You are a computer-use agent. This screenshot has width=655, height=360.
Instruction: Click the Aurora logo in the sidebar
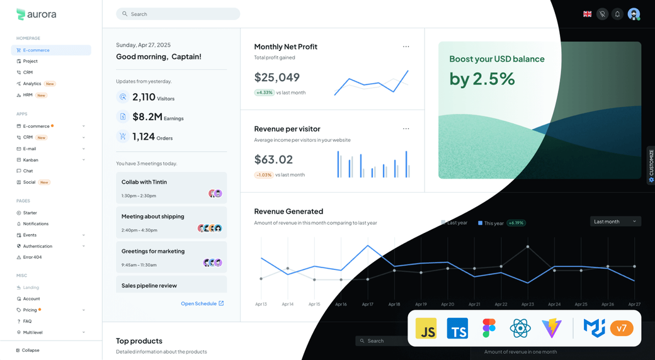click(36, 14)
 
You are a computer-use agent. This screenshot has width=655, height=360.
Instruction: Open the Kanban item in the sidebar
click(31, 160)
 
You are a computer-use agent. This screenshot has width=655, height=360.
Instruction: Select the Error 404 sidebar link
click(32, 257)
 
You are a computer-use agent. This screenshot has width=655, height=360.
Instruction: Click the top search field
click(178, 14)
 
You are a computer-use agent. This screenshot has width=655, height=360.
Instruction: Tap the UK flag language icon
click(587, 14)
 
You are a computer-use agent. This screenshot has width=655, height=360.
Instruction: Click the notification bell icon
click(617, 14)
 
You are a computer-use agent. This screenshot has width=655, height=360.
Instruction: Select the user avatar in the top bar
click(634, 14)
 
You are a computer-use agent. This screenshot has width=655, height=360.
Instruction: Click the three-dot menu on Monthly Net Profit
click(406, 47)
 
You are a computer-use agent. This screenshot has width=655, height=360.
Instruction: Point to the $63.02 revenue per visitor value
click(273, 159)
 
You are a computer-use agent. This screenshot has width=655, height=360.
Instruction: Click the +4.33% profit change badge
click(264, 93)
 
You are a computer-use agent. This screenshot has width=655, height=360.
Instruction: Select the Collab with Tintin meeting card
click(171, 188)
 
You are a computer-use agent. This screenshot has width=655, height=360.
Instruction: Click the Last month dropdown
click(615, 222)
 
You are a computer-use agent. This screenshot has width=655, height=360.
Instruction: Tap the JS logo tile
click(426, 329)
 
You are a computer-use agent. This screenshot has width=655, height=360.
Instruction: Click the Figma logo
click(489, 329)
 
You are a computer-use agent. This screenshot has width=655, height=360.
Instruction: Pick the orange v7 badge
click(621, 328)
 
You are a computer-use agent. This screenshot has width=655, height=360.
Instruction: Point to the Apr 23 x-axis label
click(527, 305)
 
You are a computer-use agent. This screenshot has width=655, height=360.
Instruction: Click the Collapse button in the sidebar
click(28, 350)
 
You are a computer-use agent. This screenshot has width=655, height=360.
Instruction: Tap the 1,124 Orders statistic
click(152, 137)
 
